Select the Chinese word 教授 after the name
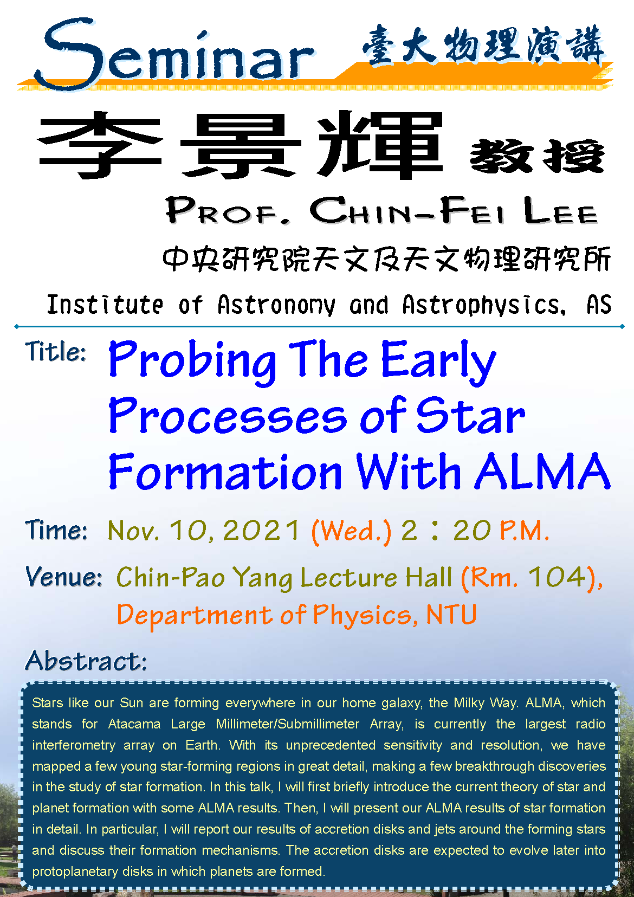click(537, 156)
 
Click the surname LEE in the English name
click(561, 210)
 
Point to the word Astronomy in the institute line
click(276, 305)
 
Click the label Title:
click(56, 352)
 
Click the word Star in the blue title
click(471, 416)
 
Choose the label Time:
click(56, 530)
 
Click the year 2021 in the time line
click(261, 530)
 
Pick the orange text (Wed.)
click(352, 532)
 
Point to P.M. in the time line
click(525, 531)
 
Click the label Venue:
click(64, 577)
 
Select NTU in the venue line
click(451, 614)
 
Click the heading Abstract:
click(86, 661)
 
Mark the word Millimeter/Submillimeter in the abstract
click(287, 724)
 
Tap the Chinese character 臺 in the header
click(379, 45)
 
